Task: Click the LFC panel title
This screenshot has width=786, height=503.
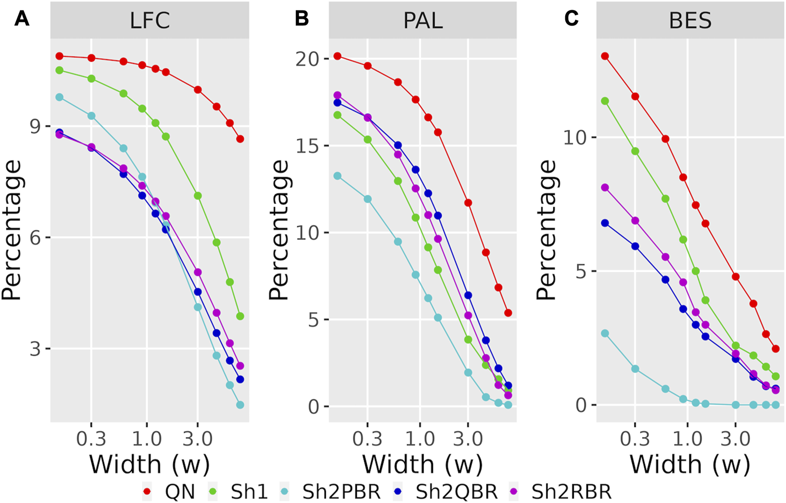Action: (x=149, y=21)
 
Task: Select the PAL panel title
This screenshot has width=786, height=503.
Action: (x=423, y=21)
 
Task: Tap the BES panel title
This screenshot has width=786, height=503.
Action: (x=690, y=21)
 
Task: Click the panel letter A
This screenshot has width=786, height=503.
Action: (x=22, y=19)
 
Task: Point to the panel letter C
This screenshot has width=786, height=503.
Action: (x=571, y=19)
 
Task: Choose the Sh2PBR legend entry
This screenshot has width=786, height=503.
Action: (x=341, y=491)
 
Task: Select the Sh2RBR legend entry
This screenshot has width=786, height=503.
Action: (x=571, y=491)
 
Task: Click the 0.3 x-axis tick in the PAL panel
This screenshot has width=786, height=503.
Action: (x=368, y=438)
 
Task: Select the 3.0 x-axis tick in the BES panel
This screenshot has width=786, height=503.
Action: (x=736, y=438)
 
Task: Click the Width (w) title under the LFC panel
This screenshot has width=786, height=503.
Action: (x=149, y=464)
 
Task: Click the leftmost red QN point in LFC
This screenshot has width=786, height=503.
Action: (x=59, y=56)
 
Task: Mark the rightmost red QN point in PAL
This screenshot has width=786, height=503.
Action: (x=508, y=313)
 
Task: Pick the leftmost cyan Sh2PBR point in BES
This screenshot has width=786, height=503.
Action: (x=605, y=333)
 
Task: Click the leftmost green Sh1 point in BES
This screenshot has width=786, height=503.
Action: (x=605, y=101)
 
